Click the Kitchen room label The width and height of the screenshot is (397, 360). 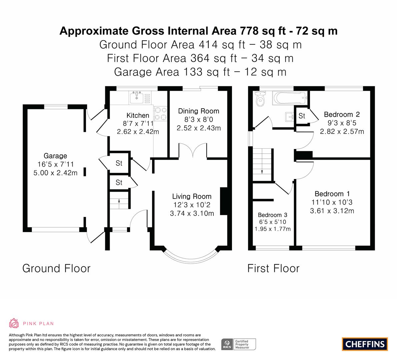pos(138,115)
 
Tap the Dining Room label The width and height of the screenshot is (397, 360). pos(199,111)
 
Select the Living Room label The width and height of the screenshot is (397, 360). pos(192,196)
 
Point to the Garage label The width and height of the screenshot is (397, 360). pos(55,156)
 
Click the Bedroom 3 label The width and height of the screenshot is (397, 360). pos(272,215)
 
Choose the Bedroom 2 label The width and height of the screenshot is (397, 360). pos(342,114)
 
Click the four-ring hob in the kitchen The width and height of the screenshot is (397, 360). pos(161,113)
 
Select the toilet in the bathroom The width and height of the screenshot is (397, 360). pos(260,99)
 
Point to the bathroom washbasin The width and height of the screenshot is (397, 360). pos(289,117)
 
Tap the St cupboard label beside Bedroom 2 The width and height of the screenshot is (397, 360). pos(302,116)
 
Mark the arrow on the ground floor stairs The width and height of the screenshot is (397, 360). pos(119,201)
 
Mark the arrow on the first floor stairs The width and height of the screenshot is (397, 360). pos(262,171)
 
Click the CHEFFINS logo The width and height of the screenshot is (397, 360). pos(365,344)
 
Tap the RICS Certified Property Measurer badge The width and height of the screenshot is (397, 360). pos(239,344)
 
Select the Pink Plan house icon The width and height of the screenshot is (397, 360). pos(14,323)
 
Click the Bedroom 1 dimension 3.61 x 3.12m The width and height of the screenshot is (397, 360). pos(332,211)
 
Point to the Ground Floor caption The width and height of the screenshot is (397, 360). pos(56,268)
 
